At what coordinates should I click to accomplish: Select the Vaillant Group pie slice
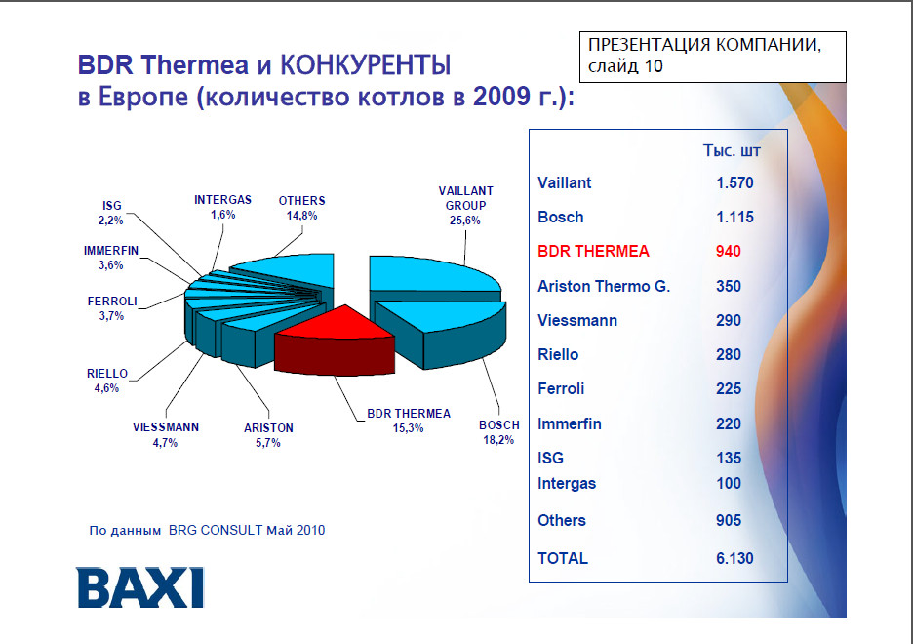click(435, 276)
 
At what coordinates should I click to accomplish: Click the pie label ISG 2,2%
click(111, 213)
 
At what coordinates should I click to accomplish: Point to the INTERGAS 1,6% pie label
click(223, 207)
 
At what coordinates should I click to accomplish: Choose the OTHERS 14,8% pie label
click(301, 208)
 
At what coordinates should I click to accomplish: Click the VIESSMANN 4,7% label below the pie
click(166, 435)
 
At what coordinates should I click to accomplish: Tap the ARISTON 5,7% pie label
click(268, 435)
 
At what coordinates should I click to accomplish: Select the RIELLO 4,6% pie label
click(107, 381)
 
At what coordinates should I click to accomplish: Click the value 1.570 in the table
click(734, 182)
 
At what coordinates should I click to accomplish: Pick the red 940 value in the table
click(729, 251)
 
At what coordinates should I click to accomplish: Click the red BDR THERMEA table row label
click(593, 251)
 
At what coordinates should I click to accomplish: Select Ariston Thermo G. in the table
click(604, 286)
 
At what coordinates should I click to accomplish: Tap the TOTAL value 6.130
click(734, 558)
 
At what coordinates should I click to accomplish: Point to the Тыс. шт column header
click(732, 151)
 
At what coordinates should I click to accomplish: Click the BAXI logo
click(139, 587)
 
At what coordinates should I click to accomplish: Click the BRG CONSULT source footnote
click(208, 531)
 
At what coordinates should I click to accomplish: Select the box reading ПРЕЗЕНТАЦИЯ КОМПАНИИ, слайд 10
click(713, 57)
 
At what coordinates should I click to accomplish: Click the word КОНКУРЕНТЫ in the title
click(366, 64)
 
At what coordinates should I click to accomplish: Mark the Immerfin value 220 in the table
click(729, 423)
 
